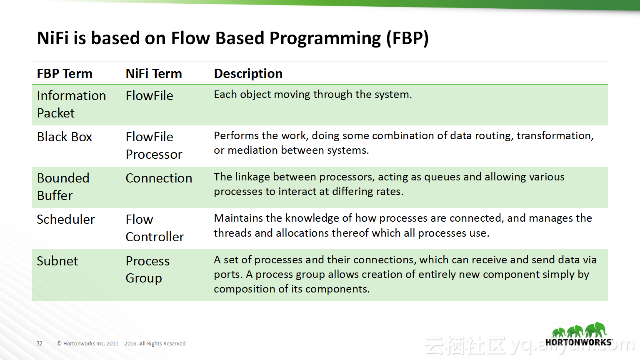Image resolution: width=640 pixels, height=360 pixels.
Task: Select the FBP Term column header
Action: point(65,74)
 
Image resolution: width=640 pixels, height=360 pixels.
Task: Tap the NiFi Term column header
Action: point(154,74)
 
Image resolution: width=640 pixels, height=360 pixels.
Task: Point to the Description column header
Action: point(248,74)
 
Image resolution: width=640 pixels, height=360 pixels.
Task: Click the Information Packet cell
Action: point(71,104)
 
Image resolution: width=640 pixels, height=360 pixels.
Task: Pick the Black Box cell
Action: point(65,137)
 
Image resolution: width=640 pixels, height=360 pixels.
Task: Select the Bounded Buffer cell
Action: point(63,187)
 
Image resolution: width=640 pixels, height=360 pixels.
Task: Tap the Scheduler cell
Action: point(66,220)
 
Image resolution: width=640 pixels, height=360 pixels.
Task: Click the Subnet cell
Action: point(57,261)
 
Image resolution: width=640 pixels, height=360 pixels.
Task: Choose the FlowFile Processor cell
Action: point(154,145)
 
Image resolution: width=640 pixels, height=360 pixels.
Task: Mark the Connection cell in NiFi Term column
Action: point(159,178)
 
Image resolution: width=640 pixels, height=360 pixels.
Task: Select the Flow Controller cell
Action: point(155,228)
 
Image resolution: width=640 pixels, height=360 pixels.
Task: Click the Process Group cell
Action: point(147,270)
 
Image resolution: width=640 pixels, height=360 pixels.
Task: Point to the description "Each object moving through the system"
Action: point(313,95)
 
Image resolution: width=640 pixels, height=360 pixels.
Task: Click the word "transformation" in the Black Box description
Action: point(555,136)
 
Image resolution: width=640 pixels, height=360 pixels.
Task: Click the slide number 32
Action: point(40,343)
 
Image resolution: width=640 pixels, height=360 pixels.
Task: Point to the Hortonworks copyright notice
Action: point(121,343)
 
